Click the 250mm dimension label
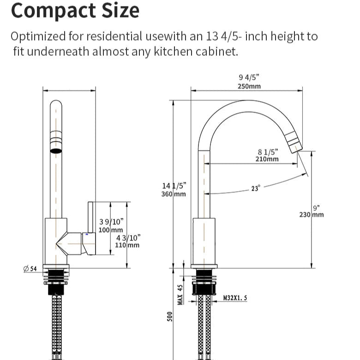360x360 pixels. [x=249, y=86]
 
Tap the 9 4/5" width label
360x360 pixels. [x=249, y=78]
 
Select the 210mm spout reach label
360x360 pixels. [x=267, y=159]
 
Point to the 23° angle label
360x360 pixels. [x=256, y=188]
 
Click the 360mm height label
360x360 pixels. [x=174, y=194]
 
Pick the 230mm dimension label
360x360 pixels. [x=312, y=215]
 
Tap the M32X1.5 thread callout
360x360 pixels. [x=235, y=298]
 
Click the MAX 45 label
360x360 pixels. [x=180, y=294]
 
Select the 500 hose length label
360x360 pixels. [x=170, y=317]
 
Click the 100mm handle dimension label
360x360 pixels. [x=111, y=230]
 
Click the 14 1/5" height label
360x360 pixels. [x=174, y=186]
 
